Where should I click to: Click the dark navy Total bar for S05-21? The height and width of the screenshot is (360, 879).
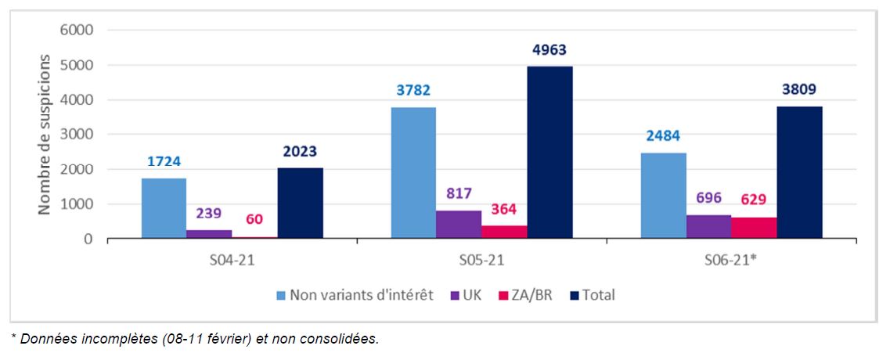click(549, 153)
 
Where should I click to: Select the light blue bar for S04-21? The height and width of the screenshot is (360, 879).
click(164, 208)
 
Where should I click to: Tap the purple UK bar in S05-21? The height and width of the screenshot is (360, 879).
click(459, 224)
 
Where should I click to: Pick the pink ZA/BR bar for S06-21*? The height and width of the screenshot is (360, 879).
click(753, 228)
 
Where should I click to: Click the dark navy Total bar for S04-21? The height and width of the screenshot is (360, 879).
click(300, 203)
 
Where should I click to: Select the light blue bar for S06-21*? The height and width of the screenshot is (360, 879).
click(663, 196)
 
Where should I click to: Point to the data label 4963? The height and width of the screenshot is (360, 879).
click(549, 51)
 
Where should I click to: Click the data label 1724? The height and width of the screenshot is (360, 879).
click(164, 163)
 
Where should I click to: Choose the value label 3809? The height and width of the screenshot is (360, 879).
click(799, 91)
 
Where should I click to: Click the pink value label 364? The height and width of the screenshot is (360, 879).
click(504, 210)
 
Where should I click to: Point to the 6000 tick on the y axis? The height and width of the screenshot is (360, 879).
click(77, 31)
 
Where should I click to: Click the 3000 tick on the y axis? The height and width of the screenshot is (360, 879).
click(77, 135)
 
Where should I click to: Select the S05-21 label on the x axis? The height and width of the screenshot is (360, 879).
click(481, 257)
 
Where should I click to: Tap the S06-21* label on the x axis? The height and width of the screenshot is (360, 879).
click(733, 257)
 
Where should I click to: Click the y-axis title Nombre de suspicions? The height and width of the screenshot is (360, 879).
click(45, 135)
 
